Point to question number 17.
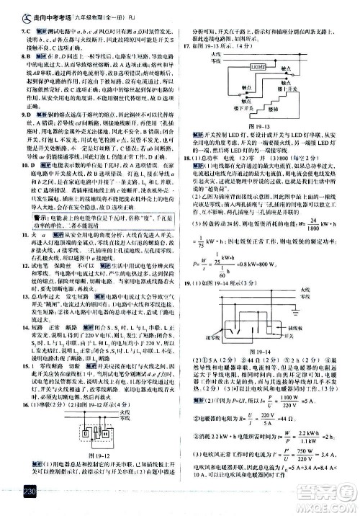click(x=186, y=47)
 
